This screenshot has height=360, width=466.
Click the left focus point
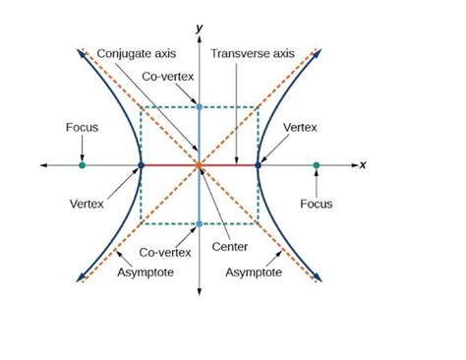coord(82,165)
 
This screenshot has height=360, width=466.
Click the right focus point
coord(317,165)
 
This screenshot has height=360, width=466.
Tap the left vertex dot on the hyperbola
coord(141,165)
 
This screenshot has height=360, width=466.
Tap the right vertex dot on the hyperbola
coord(258,165)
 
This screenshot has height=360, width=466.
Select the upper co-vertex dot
coord(200,106)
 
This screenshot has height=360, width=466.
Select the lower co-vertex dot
coord(200,224)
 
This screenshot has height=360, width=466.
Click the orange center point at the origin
coord(200,165)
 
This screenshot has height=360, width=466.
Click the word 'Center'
coord(229,247)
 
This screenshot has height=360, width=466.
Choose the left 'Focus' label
coord(82,127)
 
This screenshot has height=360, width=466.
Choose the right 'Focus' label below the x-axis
coord(317,204)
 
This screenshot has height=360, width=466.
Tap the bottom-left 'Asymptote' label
coord(144,271)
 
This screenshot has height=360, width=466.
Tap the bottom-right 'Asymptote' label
coord(254,271)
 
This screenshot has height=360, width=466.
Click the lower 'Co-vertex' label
coord(163,252)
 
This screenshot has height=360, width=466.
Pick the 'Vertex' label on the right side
coord(299,127)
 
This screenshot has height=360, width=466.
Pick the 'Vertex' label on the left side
coord(87,204)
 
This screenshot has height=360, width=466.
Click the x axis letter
coord(362,164)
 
